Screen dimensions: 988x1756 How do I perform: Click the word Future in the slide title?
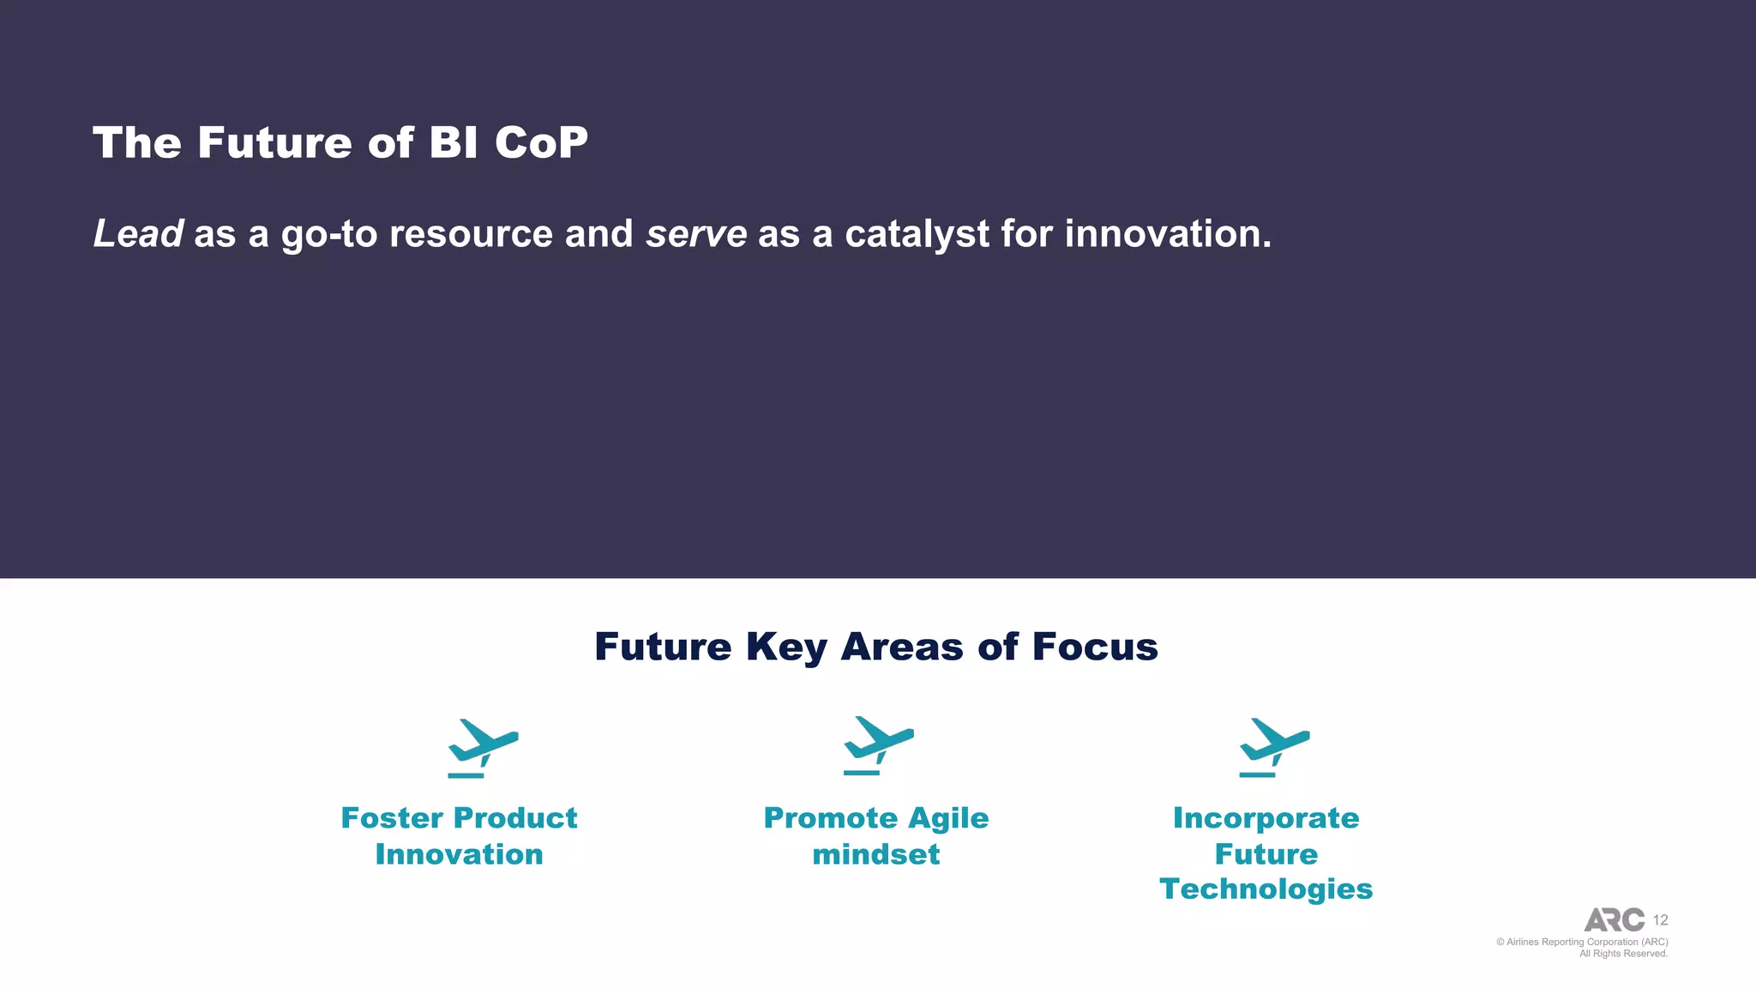point(274,142)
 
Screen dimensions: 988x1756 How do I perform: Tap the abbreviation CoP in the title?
point(541,142)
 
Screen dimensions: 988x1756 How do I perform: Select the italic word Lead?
point(137,233)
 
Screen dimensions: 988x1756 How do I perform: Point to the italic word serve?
point(696,234)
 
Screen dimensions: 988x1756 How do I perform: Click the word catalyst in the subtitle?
point(917,234)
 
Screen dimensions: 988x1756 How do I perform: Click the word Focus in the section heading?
point(1095,647)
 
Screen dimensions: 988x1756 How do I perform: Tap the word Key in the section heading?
point(786,648)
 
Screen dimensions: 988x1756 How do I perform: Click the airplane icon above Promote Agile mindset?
point(878,745)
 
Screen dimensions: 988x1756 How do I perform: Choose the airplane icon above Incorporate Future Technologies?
point(1274,747)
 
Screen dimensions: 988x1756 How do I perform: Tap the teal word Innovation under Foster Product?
point(459,854)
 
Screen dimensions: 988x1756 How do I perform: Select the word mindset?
point(876,854)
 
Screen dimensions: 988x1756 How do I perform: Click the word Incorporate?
point(1266,818)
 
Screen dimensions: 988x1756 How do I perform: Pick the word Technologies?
point(1266,889)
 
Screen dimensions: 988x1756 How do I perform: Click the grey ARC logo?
point(1614,919)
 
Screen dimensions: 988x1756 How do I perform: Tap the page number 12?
point(1660,920)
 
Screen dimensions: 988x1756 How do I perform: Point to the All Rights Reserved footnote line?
point(1623,954)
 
